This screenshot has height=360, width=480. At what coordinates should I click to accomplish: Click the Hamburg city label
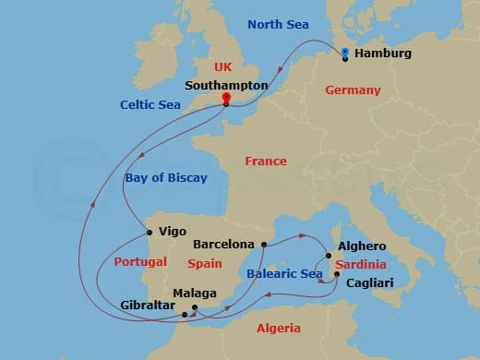[x=382, y=54]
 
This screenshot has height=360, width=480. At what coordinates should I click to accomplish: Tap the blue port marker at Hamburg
[x=344, y=54]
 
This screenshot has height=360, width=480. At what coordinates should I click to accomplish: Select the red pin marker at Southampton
[x=226, y=99]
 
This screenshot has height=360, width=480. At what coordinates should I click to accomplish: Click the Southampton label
[x=226, y=85]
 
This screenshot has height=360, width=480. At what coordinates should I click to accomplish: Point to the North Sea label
[x=279, y=24]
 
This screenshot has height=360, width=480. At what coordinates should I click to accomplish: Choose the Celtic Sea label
[x=150, y=104]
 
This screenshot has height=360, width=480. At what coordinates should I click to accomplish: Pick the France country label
[x=265, y=162]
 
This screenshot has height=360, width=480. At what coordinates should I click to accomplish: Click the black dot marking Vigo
[x=149, y=232]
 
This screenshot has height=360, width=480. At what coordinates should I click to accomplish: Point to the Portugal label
[x=140, y=262]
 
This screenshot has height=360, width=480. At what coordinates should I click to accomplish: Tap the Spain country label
[x=205, y=263]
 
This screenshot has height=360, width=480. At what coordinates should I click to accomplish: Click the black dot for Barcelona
[x=263, y=245]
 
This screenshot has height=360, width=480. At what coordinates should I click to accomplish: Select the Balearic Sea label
[x=284, y=274]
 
